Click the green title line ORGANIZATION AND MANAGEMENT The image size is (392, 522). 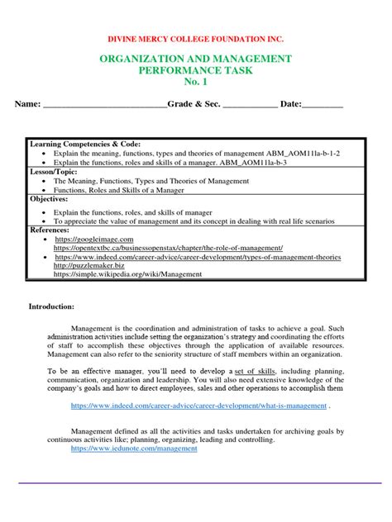195,59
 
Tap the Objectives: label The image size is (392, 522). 49,199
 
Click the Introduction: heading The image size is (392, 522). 51,306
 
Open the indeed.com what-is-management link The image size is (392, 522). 198,406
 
